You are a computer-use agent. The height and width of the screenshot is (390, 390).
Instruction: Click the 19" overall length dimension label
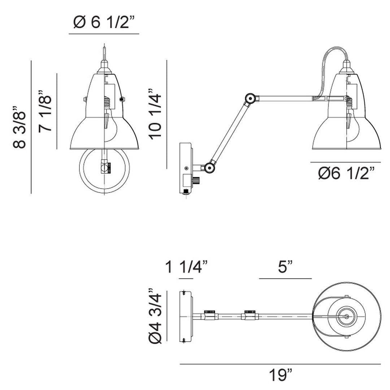(x=280, y=376)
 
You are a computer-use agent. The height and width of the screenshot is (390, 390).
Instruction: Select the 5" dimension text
(x=285, y=268)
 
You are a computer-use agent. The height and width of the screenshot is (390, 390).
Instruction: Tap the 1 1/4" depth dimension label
(x=186, y=268)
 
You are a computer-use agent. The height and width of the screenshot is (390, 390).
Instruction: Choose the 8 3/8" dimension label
(x=20, y=127)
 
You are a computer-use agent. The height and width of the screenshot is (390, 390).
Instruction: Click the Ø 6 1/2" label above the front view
(x=104, y=23)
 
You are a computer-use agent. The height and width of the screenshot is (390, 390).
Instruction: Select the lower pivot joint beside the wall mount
(x=208, y=167)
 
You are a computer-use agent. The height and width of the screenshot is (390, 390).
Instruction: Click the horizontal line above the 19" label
(x=280, y=364)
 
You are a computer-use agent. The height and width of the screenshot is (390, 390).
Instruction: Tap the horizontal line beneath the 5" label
(x=285, y=279)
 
